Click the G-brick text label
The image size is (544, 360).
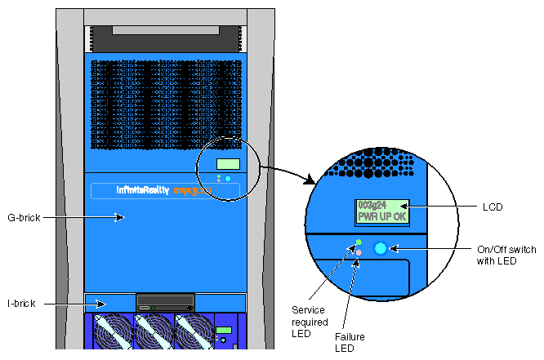[x=24, y=218]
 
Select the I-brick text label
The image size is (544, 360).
[x=21, y=304]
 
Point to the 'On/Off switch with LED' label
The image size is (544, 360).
[x=506, y=255]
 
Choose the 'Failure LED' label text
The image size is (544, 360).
[x=350, y=341]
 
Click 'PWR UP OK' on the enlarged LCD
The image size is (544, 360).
[x=382, y=217]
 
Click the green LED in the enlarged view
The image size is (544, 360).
[x=359, y=242]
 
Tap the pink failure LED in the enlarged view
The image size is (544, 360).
[x=359, y=253]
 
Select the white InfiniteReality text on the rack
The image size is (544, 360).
[x=143, y=190]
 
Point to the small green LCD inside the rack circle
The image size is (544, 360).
[x=228, y=164]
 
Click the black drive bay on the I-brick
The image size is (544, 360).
[x=166, y=300]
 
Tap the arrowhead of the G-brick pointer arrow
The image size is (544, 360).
[x=122, y=218]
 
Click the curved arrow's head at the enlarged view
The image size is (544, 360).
[x=313, y=180]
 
